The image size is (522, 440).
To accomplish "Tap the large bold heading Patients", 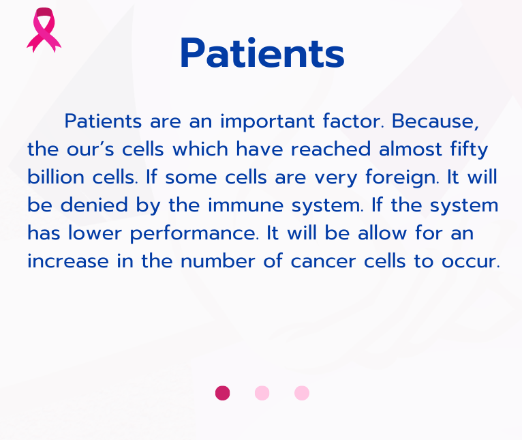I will (x=262, y=54).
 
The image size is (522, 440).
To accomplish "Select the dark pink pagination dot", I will (x=222, y=393).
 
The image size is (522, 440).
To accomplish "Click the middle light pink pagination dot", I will (x=262, y=393).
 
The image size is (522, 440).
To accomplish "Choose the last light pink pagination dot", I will (x=302, y=393).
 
